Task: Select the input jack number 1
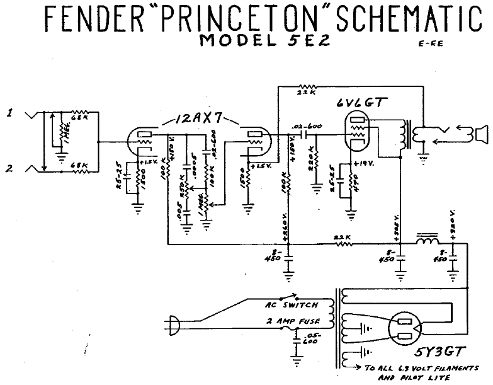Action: (x=9, y=113)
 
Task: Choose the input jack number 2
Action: (x=9, y=169)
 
